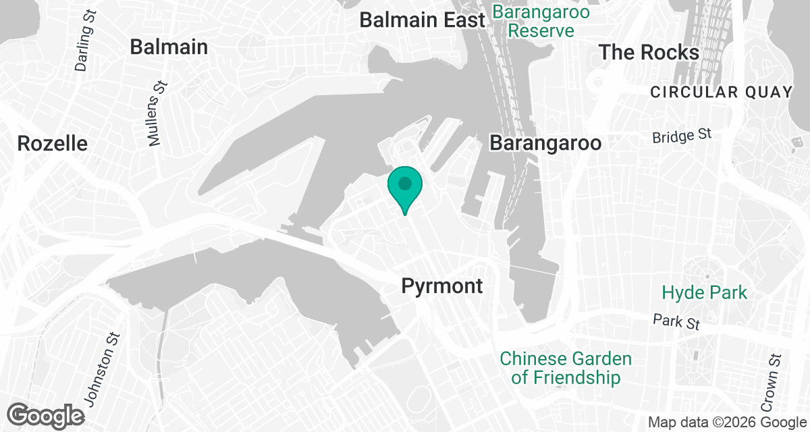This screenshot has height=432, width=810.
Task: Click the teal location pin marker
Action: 405,190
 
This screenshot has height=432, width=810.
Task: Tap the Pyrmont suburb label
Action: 442,286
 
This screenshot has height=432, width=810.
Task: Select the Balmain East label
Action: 422,20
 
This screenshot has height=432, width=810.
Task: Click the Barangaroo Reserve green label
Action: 541,21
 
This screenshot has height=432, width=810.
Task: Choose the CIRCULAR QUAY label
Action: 721,92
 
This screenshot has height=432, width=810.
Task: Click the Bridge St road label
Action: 682,136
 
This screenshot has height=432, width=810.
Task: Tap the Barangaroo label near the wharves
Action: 545,144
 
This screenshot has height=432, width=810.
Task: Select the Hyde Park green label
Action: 705,293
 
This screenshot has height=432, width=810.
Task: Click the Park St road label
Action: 676,321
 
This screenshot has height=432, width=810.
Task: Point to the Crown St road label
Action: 772,381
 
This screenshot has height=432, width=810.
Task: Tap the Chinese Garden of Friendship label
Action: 566,368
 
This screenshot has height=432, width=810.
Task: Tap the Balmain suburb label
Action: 169,47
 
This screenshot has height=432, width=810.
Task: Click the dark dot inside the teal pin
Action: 405,183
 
